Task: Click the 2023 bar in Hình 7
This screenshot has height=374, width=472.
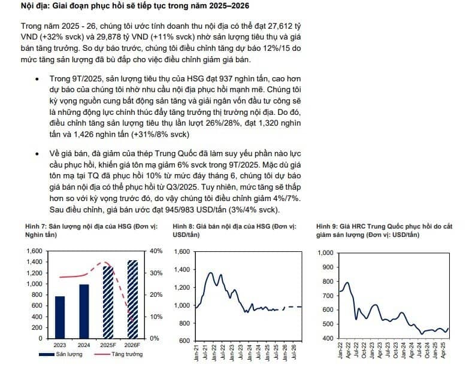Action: (60, 317)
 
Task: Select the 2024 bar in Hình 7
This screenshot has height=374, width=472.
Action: (84, 311)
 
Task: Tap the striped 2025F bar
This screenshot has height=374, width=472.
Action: (108, 302)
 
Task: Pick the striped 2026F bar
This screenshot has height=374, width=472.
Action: (132, 299)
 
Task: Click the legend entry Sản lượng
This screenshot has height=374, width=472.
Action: (61, 354)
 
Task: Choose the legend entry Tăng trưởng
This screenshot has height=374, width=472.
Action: (119, 354)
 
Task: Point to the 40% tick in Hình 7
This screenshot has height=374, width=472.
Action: (156, 251)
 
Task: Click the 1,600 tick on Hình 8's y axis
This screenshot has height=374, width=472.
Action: (182, 252)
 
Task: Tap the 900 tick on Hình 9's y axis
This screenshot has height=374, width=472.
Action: (328, 267)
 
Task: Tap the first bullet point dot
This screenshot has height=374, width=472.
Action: (37, 79)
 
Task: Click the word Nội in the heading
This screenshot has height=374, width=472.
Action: (27, 6)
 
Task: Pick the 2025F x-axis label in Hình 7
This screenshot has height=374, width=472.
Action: (108, 345)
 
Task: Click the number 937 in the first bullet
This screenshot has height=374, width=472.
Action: (225, 79)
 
